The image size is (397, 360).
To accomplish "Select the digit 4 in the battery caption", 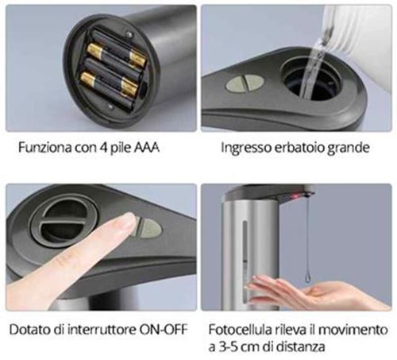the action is pos(103,148).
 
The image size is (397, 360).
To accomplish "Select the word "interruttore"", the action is pos(102,330).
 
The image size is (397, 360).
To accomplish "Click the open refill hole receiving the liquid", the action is pos(311,80).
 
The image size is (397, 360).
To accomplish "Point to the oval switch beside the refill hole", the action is pos(245,83).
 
